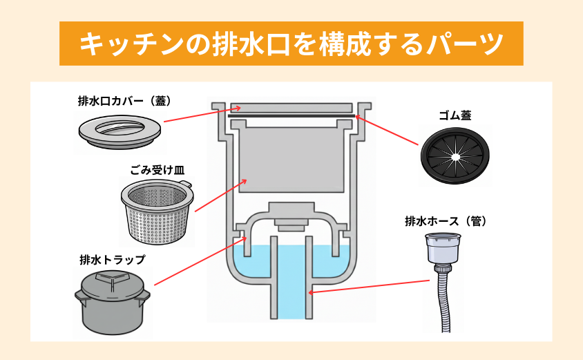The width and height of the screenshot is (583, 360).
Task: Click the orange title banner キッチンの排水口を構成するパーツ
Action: point(291,44)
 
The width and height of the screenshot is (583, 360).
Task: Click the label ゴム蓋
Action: point(456,115)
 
